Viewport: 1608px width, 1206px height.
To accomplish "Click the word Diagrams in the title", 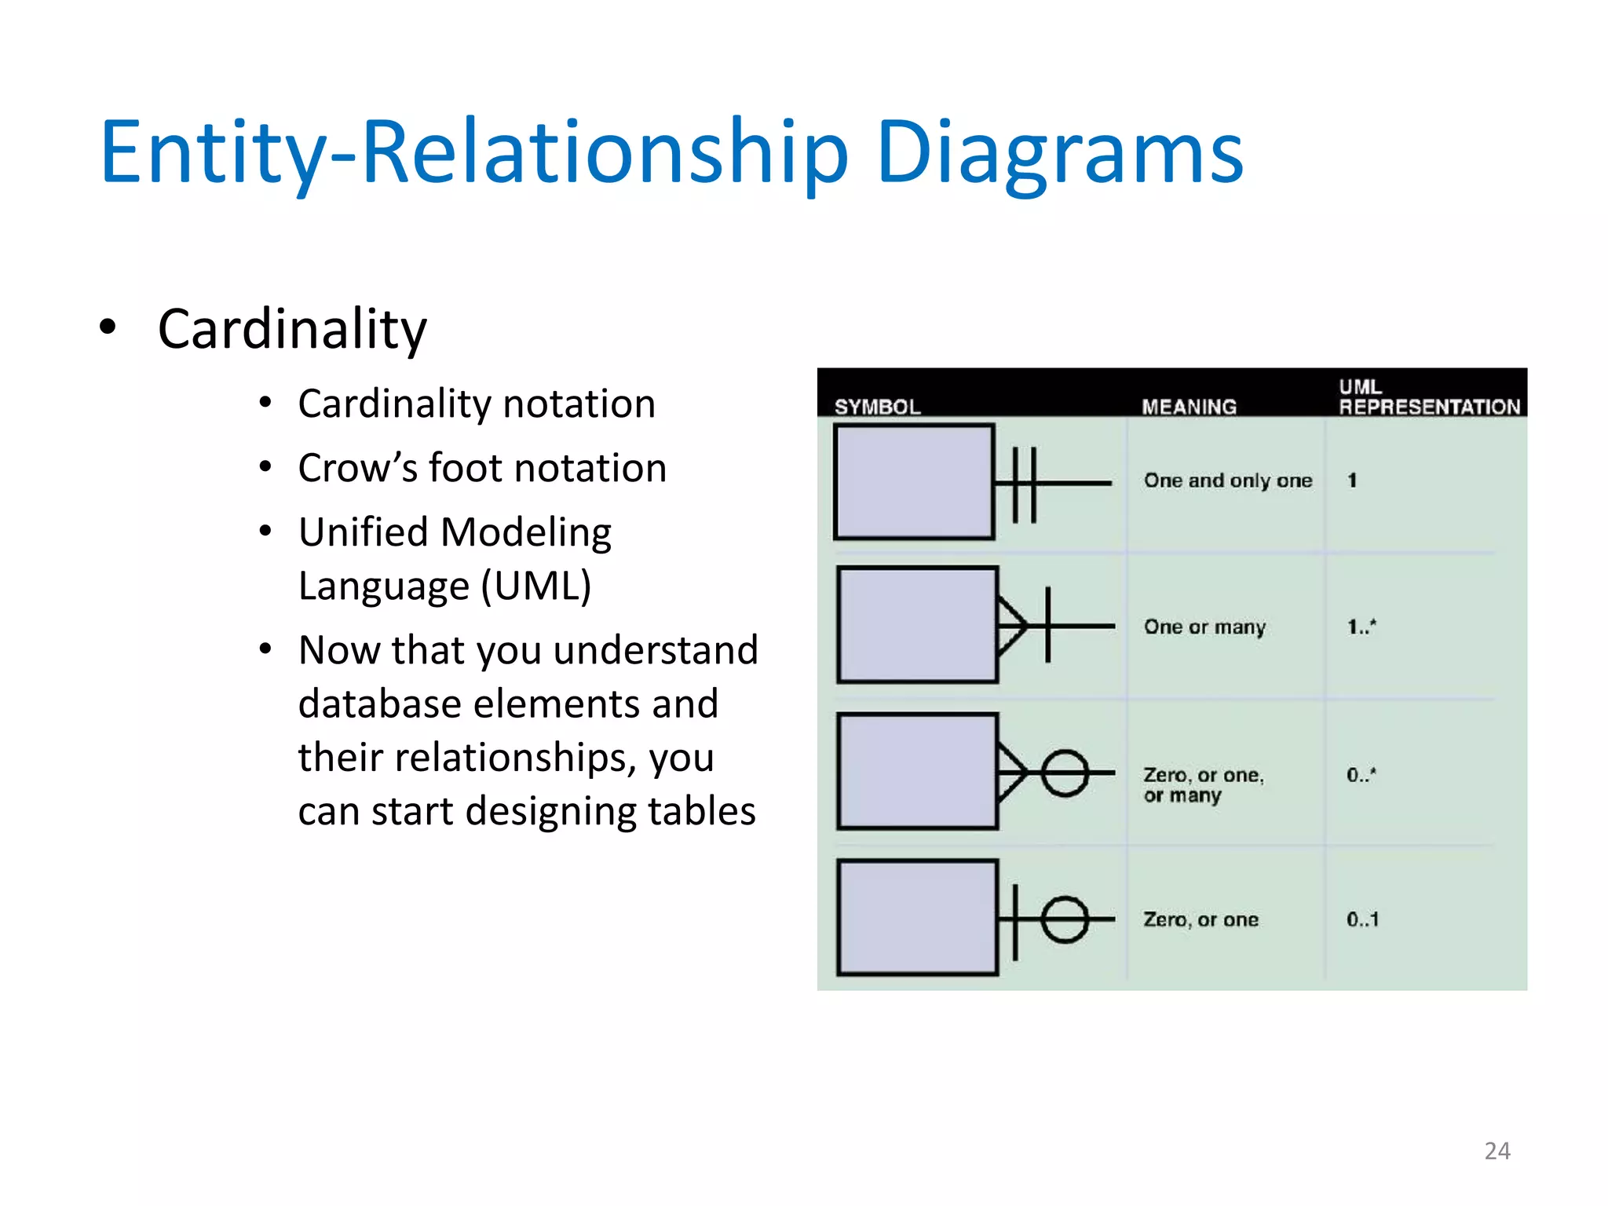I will pos(1059,153).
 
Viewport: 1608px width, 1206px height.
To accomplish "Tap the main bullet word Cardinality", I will pos(292,330).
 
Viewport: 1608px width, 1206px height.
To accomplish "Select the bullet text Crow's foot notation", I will pos(482,469).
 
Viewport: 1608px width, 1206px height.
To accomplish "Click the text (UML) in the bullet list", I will pos(536,586).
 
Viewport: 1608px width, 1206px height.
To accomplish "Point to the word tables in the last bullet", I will pos(690,811).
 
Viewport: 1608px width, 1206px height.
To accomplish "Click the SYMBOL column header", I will pos(877,407).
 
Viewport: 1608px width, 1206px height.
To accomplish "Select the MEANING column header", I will pos(1189,407).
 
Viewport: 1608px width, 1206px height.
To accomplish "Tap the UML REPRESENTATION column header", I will pos(1429,397).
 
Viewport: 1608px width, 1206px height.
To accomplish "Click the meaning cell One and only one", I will pos(1227,481).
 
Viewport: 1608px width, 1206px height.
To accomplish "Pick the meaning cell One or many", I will pos(1204,627).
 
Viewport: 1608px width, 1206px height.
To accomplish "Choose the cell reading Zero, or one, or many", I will pos(1203,784).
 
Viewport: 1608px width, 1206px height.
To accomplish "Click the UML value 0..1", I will pos(1362,919).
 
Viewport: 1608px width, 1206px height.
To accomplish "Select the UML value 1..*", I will pos(1361,627).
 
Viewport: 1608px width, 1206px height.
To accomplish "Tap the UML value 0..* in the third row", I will pos(1361,775).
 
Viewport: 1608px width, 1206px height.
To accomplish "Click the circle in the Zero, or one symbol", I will pos(1065,919).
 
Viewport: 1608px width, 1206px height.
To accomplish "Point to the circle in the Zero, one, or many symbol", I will pos(1065,773).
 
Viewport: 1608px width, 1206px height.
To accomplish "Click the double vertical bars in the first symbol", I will pos(1024,484).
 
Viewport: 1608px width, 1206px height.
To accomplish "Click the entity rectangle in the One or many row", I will pos(917,625).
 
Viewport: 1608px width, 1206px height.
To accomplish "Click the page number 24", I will pos(1497,1151).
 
